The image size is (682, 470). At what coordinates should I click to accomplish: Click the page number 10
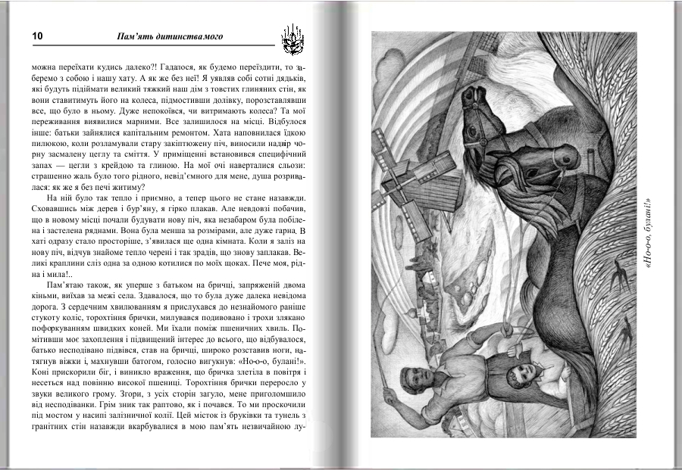pos(36,36)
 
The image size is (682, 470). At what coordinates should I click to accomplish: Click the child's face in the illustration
pos(521,376)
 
